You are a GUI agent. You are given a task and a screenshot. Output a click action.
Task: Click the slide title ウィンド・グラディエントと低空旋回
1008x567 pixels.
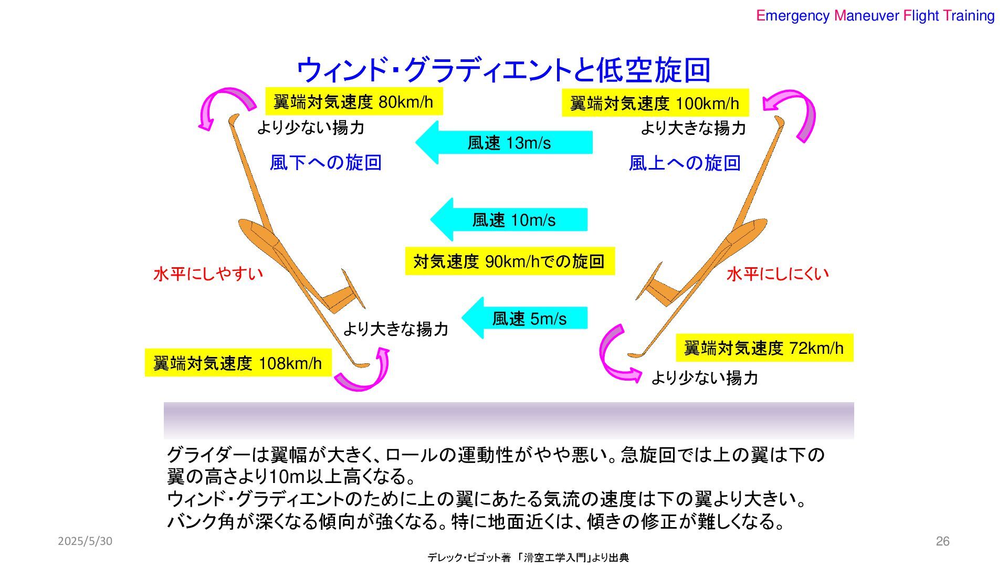[503, 70]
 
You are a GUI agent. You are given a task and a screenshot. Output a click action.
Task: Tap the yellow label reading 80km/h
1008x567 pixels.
[353, 101]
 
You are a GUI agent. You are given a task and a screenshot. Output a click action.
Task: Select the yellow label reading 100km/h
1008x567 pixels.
[655, 103]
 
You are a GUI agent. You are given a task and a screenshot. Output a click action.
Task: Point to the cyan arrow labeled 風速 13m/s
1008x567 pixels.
[504, 143]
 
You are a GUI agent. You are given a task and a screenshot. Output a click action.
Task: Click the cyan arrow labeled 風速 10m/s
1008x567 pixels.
[509, 219]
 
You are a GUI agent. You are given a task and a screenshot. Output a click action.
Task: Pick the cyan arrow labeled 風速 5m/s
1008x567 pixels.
[525, 319]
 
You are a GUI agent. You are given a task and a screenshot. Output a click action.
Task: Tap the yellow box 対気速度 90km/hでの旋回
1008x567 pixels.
[509, 261]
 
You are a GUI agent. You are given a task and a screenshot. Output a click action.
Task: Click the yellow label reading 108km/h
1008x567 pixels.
[238, 363]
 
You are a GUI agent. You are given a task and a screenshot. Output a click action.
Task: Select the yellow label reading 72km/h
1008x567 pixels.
[764, 348]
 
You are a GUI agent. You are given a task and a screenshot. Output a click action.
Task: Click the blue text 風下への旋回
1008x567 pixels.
[325, 163]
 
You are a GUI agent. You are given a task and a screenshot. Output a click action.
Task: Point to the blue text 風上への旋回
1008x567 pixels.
[685, 163]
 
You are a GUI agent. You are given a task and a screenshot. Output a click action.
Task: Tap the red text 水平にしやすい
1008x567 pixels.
[208, 274]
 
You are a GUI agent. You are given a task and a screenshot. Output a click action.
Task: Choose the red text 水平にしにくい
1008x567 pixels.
[778, 274]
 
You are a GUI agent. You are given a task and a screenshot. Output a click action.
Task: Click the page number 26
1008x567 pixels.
[942, 541]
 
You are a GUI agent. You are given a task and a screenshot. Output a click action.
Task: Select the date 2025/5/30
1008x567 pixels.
[85, 541]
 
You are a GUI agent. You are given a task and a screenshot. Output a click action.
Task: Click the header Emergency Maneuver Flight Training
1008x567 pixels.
[875, 16]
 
